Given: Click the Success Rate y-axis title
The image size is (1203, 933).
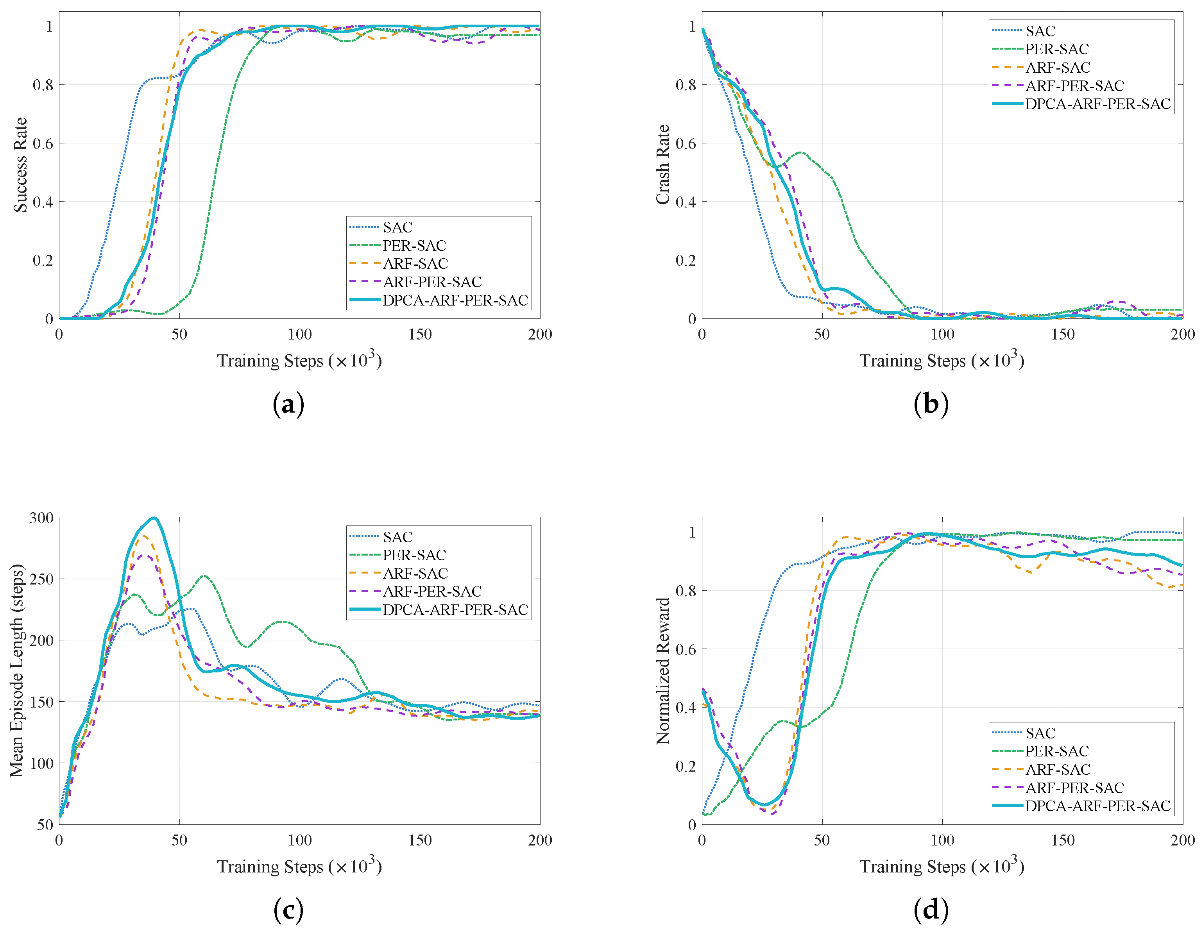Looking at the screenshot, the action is pyautogui.click(x=20, y=164).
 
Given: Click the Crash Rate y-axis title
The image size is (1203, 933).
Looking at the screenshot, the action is pyautogui.click(x=662, y=164).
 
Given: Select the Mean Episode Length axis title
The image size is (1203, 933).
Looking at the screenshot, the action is pyautogui.click(x=17, y=670).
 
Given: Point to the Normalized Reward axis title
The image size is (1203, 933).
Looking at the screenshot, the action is pyautogui.click(x=662, y=670).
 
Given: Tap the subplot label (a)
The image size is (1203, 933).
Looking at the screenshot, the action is pyautogui.click(x=288, y=405).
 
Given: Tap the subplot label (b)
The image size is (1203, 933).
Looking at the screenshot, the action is pyautogui.click(x=931, y=405).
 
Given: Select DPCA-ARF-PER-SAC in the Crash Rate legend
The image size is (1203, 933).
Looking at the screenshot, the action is pyautogui.click(x=1097, y=104).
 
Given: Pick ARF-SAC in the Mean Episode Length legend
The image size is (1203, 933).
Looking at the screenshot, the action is pyautogui.click(x=415, y=573).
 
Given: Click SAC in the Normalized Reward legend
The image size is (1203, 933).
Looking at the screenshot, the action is pyautogui.click(x=1040, y=733).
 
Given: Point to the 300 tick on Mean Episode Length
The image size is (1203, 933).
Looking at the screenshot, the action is pyautogui.click(x=42, y=518).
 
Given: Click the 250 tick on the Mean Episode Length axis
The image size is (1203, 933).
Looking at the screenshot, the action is pyautogui.click(x=42, y=579).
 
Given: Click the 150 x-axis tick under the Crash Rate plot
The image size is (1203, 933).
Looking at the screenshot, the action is pyautogui.click(x=1063, y=334).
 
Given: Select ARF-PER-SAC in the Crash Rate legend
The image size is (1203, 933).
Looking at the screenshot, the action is pyautogui.click(x=1074, y=86).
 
